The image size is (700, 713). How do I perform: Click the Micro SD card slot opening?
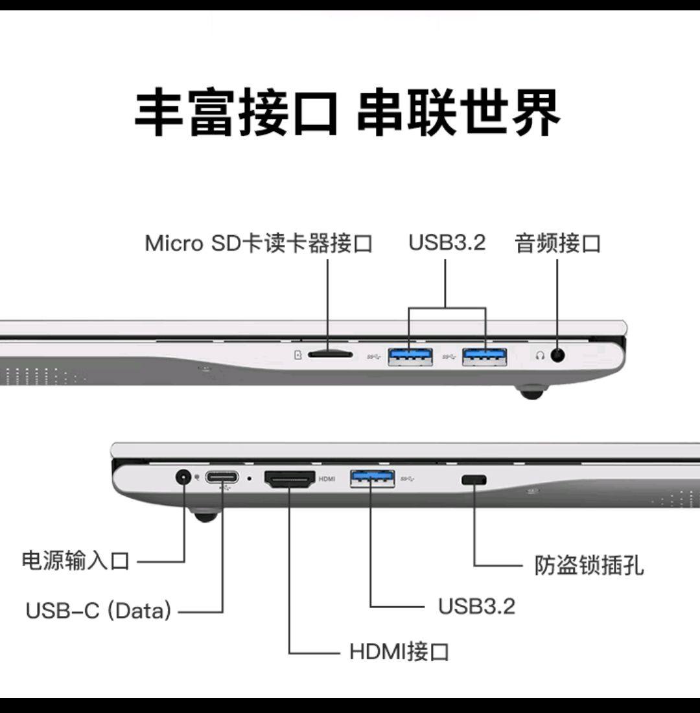[330, 354]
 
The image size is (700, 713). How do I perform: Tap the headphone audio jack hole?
[557, 355]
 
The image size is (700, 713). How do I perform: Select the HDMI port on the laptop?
[289, 479]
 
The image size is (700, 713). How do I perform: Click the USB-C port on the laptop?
[222, 478]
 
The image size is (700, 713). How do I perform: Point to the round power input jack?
[184, 478]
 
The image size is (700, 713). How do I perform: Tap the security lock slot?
[474, 480]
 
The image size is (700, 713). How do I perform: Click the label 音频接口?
[558, 243]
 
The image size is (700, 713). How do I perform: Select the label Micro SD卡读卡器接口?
[259, 243]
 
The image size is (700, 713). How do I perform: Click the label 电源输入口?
[76, 560]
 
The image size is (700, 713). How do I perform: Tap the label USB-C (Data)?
[99, 610]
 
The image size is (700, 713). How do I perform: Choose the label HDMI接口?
[399, 651]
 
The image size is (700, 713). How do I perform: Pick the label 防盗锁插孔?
[589, 565]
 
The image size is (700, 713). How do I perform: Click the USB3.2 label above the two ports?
[447, 243]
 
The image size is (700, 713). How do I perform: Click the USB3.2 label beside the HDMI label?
[476, 606]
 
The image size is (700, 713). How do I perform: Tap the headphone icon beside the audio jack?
[540, 356]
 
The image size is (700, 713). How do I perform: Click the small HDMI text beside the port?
[327, 479]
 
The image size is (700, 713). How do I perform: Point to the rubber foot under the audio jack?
[531, 392]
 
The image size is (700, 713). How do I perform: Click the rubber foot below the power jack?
[205, 515]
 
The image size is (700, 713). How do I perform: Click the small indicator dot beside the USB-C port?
[250, 479]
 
